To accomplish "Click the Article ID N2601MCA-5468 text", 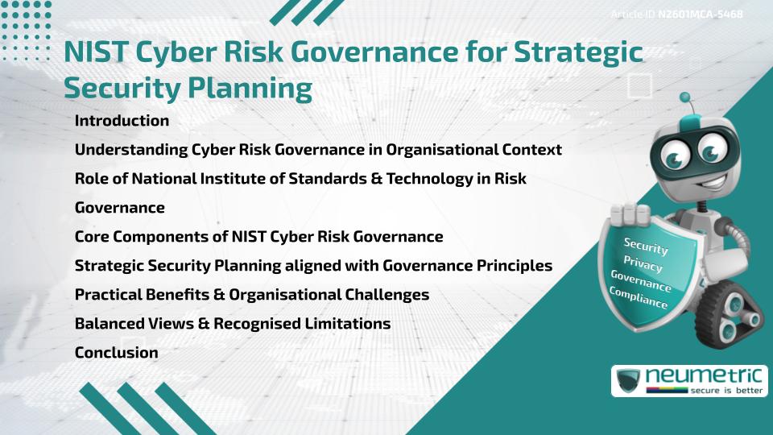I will (x=676, y=14).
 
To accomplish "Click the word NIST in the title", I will (x=97, y=53).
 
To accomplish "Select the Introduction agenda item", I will (x=122, y=121).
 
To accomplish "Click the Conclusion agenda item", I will (x=116, y=352).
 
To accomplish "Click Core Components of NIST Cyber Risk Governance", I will (x=258, y=237).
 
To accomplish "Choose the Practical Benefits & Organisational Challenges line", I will (x=251, y=295).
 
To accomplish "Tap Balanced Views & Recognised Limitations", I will (x=233, y=324).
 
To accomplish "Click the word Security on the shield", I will (x=646, y=246).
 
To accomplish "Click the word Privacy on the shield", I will (x=643, y=264).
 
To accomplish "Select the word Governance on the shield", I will (x=640, y=281).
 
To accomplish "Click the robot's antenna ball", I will (x=685, y=98).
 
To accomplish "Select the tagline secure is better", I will (x=721, y=390).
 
